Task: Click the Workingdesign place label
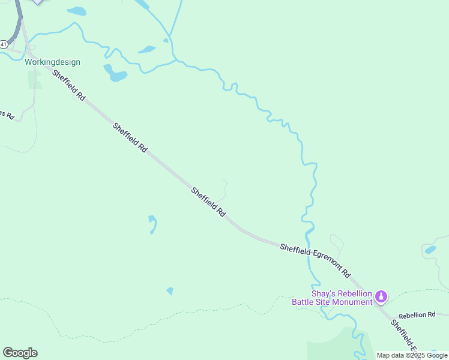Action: (52, 62)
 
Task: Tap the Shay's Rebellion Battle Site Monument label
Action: (332, 298)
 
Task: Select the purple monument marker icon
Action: (381, 296)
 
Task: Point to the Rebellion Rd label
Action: (417, 315)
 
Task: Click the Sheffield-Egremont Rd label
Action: (315, 259)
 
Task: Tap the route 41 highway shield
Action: (3, 44)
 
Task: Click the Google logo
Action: (20, 353)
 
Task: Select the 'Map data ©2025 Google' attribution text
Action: (412, 355)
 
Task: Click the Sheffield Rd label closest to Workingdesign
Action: (69, 85)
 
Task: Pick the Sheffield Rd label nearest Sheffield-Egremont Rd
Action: (208, 202)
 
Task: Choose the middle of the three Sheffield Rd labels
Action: (130, 137)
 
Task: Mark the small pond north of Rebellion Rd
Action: (430, 250)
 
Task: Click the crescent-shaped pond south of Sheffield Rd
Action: (153, 224)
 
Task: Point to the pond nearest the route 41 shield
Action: (76, 11)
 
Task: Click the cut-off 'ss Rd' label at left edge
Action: (7, 113)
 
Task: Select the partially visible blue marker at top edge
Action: (38, 2)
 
